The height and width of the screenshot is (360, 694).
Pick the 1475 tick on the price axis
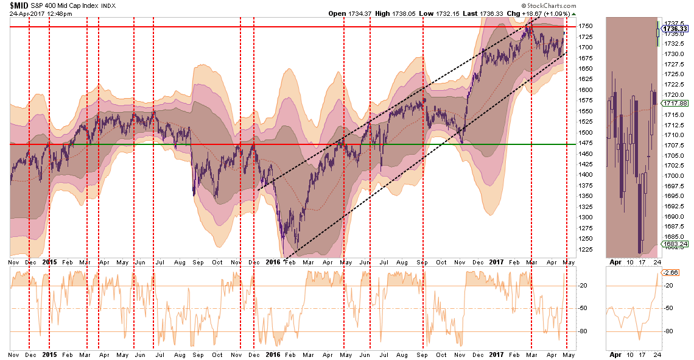(x=586, y=144)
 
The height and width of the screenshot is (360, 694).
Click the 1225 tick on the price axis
(x=586, y=249)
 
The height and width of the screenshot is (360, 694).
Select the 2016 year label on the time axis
(x=273, y=261)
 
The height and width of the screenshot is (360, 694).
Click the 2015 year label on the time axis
(x=50, y=261)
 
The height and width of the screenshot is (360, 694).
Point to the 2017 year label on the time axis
(x=498, y=261)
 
